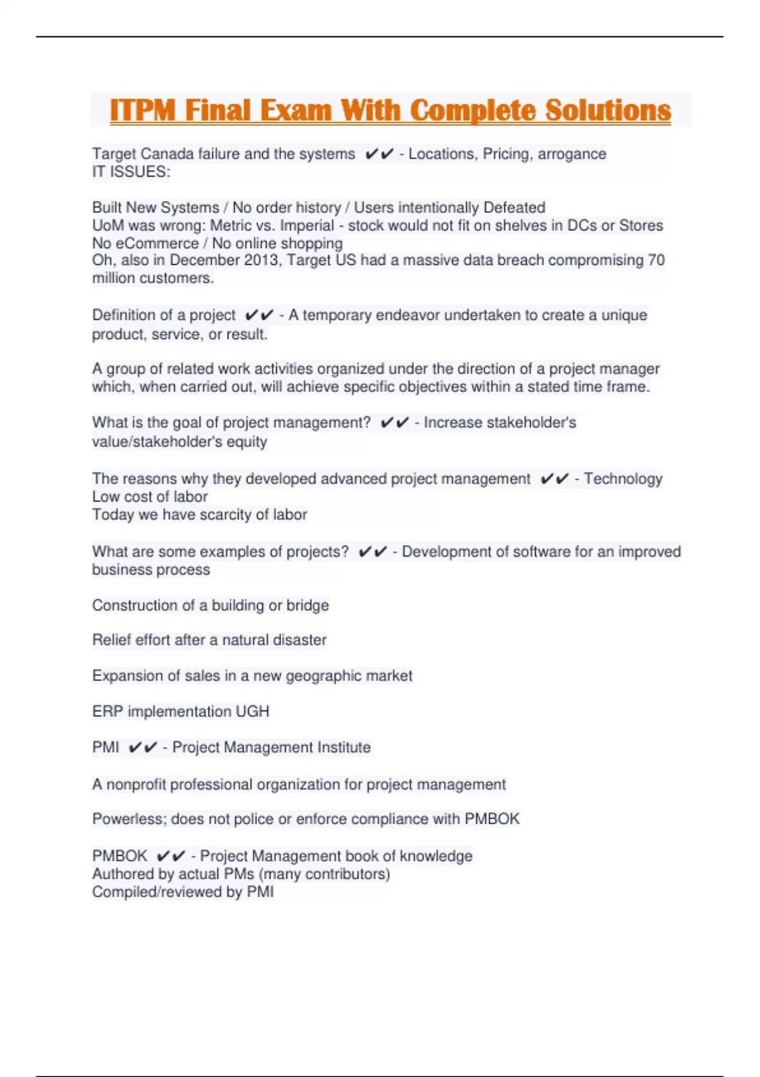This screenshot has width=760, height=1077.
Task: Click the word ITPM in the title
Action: tap(142, 110)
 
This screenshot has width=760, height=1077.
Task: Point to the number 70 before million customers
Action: tap(656, 260)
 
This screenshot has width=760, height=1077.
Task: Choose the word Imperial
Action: tap(307, 226)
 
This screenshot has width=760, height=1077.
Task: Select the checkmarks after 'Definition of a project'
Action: tap(259, 315)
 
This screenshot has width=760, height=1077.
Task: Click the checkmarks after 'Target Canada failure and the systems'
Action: tap(379, 154)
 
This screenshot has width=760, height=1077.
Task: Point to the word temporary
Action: tap(335, 315)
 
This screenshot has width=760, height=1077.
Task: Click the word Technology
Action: tap(623, 479)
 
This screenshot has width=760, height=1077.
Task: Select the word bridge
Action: tap(308, 606)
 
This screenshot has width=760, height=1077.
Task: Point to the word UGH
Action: tap(253, 711)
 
